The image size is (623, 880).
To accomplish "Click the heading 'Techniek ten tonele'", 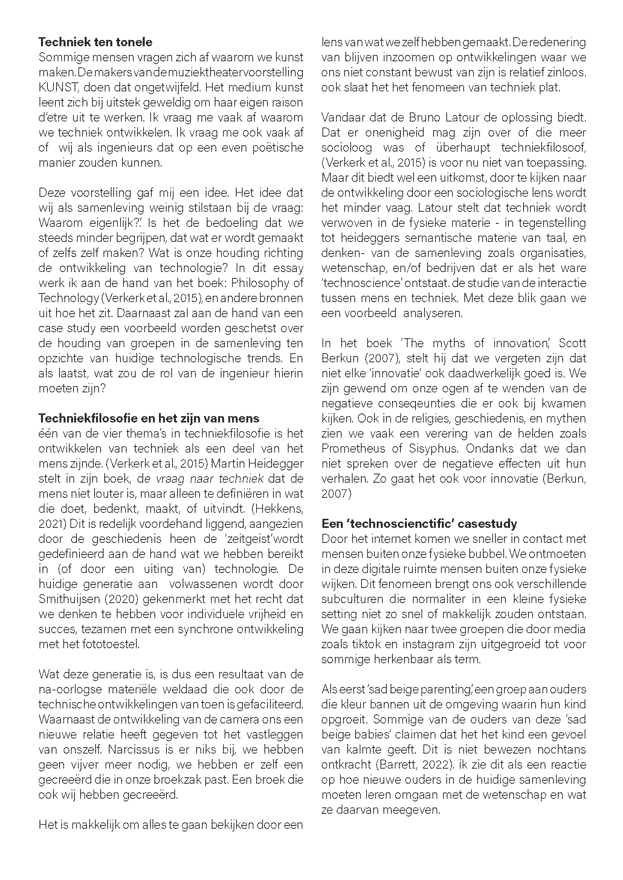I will coord(95,42).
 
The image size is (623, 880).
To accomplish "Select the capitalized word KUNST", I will coord(57,87).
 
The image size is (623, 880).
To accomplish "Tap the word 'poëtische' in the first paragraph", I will coord(278,147).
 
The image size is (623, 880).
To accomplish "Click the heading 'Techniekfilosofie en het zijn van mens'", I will coord(149,418).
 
